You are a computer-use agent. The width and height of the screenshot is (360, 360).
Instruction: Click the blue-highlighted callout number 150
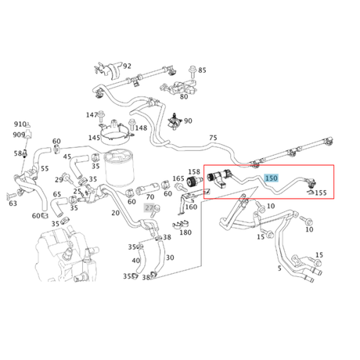[x=272, y=179]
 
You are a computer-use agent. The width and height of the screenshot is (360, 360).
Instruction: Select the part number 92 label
[x=127, y=67]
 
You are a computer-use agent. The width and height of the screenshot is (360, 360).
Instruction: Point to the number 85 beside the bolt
[x=202, y=70]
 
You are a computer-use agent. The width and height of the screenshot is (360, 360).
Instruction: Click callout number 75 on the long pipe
[x=212, y=139]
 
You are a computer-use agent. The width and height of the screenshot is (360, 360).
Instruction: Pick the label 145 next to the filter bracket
[x=94, y=139]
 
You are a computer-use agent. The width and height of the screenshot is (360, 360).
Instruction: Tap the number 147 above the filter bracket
[x=92, y=115]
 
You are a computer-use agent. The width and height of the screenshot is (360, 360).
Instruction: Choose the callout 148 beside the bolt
[x=141, y=128]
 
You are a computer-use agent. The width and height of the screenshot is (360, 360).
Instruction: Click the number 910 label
[x=20, y=124]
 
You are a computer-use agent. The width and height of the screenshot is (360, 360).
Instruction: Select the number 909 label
[x=20, y=135]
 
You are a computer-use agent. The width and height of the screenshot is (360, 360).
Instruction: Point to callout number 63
[x=13, y=203]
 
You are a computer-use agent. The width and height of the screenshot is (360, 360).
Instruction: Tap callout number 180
[x=185, y=232]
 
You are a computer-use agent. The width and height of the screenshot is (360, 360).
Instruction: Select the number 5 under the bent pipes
[x=279, y=268]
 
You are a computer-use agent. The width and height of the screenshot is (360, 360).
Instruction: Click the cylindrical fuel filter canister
[x=119, y=168]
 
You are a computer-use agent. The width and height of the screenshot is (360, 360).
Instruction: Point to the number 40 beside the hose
[x=136, y=261]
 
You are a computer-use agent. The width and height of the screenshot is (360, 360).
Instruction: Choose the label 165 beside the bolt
[x=179, y=179]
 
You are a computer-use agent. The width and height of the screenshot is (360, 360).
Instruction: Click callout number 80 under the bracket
[x=184, y=96]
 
